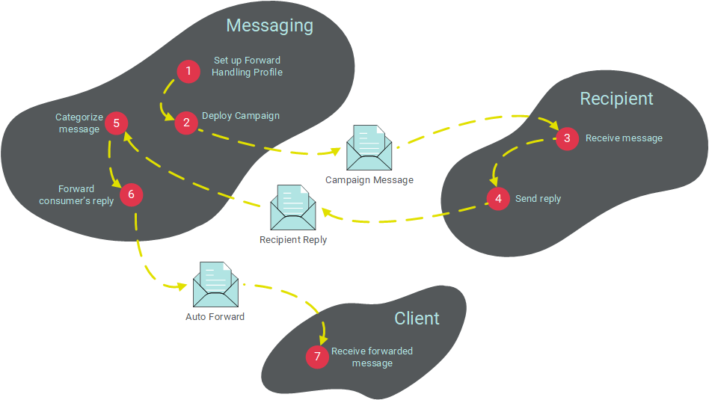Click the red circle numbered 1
click(188, 72)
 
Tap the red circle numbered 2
click(186, 123)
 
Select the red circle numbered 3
click(567, 138)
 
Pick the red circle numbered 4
click(498, 200)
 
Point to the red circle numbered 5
click(116, 123)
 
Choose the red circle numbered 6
click(131, 195)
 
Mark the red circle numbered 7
click(317, 357)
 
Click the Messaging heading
click(269, 25)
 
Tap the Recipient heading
click(616, 99)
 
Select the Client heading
click(417, 319)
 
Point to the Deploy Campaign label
click(241, 116)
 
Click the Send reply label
click(538, 199)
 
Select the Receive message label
click(624, 138)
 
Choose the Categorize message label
click(79, 123)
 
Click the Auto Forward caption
click(215, 316)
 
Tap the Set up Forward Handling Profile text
click(247, 67)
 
